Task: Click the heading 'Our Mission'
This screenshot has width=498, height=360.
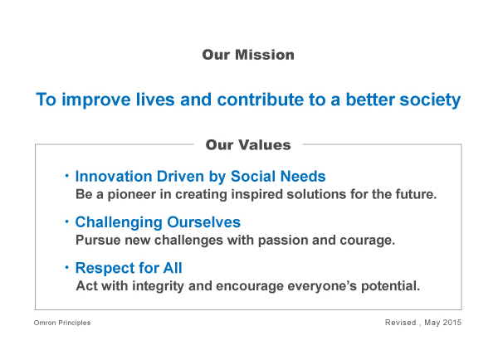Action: (248, 55)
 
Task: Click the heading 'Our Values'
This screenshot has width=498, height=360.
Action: (248, 145)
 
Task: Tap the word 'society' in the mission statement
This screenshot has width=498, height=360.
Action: (430, 100)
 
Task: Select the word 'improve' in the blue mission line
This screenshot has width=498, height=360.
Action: (96, 100)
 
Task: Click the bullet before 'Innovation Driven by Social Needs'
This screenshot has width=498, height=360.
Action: (66, 175)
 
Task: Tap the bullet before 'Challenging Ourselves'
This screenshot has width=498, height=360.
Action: (66, 221)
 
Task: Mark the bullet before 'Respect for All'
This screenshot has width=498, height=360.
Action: (66, 267)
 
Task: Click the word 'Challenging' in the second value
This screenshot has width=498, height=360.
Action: (119, 222)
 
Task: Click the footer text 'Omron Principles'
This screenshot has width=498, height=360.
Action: (62, 323)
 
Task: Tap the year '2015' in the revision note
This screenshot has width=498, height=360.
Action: (452, 323)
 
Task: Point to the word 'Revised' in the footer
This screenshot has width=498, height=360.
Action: (401, 323)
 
